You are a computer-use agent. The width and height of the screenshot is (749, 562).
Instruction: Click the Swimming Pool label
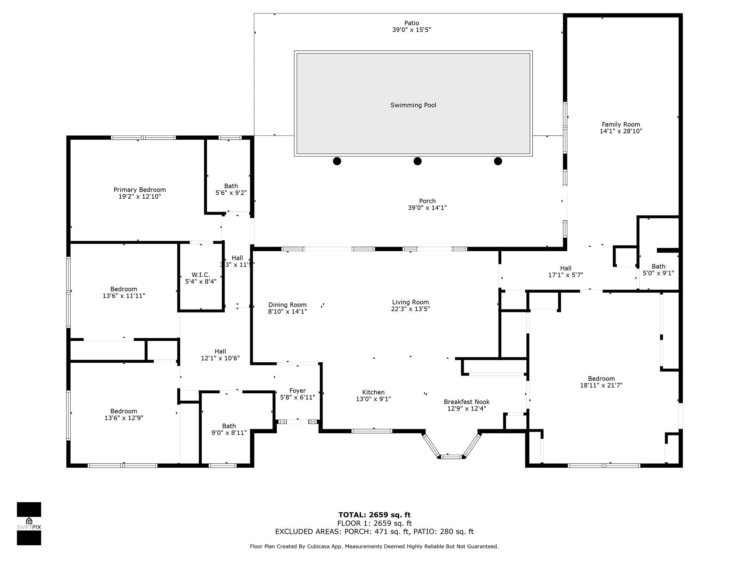click(413, 105)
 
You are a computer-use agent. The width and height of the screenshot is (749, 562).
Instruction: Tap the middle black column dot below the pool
click(417, 161)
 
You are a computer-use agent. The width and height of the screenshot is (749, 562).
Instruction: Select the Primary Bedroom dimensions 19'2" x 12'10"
click(139, 196)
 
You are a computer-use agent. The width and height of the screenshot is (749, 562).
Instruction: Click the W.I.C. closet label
click(200, 275)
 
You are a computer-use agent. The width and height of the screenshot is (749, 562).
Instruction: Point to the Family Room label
click(621, 124)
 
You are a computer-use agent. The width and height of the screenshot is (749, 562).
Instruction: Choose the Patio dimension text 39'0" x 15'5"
click(411, 30)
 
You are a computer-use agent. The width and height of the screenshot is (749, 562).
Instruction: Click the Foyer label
click(297, 390)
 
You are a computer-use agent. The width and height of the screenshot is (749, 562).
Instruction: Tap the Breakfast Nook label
click(466, 402)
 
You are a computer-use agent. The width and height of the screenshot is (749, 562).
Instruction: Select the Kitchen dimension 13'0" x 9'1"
click(373, 399)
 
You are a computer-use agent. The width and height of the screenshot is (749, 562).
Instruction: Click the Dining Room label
click(287, 305)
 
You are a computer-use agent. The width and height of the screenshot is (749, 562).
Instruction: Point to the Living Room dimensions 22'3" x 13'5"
click(410, 309)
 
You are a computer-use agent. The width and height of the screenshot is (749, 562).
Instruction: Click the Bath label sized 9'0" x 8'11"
click(229, 426)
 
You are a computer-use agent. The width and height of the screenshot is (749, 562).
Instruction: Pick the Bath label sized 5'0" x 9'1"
click(658, 266)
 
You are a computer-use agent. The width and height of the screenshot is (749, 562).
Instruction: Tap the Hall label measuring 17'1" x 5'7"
click(565, 268)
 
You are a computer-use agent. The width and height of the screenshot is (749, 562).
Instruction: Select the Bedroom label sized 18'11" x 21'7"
click(601, 378)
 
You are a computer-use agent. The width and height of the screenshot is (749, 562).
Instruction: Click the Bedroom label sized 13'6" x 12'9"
click(124, 411)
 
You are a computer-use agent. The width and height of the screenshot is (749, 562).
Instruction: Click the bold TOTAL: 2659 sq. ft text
click(374, 515)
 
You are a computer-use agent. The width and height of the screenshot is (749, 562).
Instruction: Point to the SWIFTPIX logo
click(29, 523)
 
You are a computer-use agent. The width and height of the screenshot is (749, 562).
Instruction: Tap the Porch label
click(427, 201)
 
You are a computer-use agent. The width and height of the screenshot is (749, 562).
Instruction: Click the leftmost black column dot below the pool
click(337, 161)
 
